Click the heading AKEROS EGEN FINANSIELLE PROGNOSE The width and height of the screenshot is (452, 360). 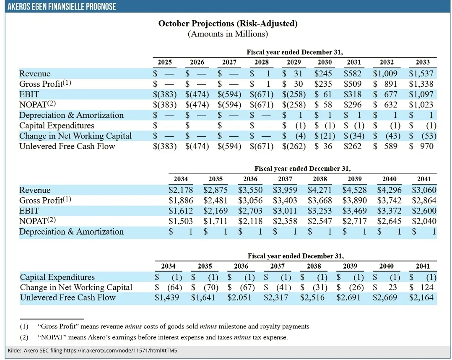pyautogui.click(x=62, y=7)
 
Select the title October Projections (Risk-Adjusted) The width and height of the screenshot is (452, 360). pyautogui.click(x=228, y=23)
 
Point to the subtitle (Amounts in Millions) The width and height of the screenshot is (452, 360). pyautogui.click(x=228, y=34)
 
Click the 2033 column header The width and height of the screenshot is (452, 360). pyautogui.click(x=422, y=62)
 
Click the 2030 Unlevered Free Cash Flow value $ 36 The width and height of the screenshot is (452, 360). pyautogui.click(x=323, y=146)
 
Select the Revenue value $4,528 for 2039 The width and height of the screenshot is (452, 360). pyautogui.click(x=354, y=190)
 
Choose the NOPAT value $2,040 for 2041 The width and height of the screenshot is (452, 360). pyautogui.click(x=424, y=221)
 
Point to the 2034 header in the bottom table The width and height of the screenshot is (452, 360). pyautogui.click(x=169, y=266)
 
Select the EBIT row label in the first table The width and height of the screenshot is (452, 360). pyautogui.click(x=29, y=94)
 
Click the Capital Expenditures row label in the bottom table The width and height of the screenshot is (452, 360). pyautogui.click(x=57, y=277)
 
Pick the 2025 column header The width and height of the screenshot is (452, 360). pyautogui.click(x=164, y=62)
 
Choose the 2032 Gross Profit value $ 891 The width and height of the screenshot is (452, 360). pyautogui.click(x=385, y=84)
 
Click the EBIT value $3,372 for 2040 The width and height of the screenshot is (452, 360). pyautogui.click(x=389, y=211)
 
